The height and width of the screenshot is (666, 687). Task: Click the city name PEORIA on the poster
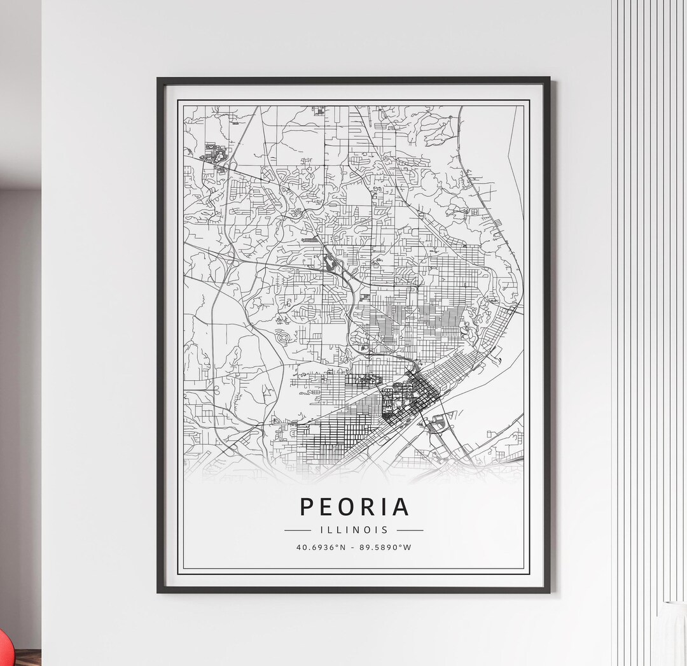click(354, 507)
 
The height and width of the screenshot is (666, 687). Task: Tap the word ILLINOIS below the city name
click(354, 530)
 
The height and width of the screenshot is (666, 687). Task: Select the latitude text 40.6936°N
click(320, 547)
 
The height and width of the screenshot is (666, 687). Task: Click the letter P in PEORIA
click(307, 507)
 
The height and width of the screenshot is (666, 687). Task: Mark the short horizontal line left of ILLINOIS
click(297, 530)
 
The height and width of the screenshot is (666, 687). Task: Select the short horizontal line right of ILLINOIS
click(410, 530)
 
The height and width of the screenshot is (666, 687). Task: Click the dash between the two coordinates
click(354, 547)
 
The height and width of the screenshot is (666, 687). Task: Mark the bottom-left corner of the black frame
click(158, 592)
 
